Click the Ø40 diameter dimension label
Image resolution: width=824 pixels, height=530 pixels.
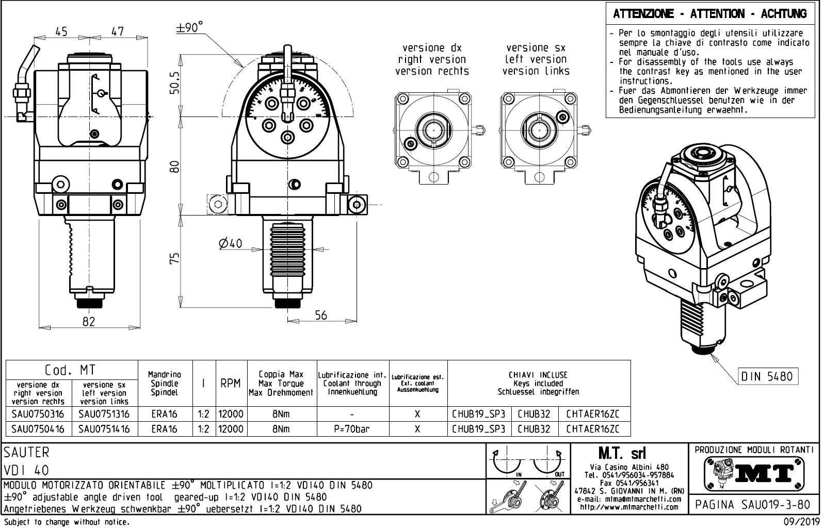click(230, 243)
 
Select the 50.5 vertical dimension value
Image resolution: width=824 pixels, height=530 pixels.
click(175, 82)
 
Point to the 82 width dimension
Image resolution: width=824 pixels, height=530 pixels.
click(89, 321)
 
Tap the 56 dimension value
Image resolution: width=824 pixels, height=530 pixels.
click(321, 315)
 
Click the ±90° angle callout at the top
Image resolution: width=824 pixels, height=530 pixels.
click(190, 28)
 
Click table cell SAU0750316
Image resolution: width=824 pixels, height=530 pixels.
click(38, 414)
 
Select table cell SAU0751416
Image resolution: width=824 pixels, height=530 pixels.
click(104, 428)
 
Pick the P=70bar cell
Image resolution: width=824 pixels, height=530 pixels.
click(351, 428)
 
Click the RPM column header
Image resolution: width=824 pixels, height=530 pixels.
click(230, 384)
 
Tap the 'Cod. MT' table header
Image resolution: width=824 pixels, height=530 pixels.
click(70, 370)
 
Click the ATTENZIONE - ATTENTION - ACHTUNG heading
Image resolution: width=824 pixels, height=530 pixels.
click(709, 14)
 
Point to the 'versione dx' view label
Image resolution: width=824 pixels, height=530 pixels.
click(432, 48)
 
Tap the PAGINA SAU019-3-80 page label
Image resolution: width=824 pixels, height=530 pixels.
click(753, 504)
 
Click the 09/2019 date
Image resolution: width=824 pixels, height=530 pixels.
click(801, 522)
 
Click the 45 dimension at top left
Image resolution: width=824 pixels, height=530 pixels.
click(61, 31)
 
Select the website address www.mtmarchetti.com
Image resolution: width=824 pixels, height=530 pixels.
click(629, 506)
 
